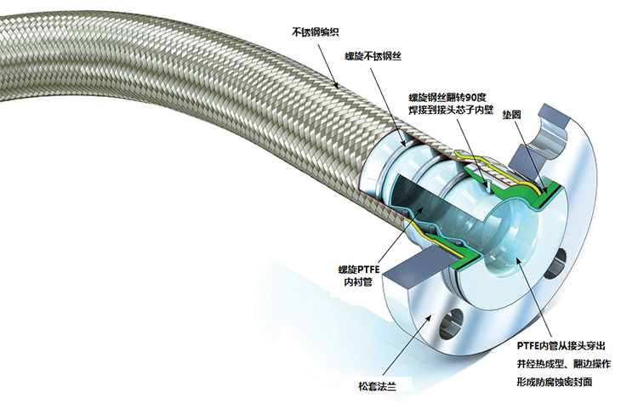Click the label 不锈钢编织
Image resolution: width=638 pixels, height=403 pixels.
point(316,32)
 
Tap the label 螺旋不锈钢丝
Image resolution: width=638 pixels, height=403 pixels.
point(373,56)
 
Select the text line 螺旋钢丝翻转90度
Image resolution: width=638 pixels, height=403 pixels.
point(447,98)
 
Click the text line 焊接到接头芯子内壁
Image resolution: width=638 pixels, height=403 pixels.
point(451,110)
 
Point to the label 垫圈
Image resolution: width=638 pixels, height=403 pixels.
point(511,115)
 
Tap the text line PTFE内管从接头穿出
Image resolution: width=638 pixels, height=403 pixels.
point(561,346)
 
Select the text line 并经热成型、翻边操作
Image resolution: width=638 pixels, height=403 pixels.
point(564,364)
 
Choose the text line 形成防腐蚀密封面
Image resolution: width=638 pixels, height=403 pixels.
point(555,382)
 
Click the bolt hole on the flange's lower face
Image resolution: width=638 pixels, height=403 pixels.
point(451,323)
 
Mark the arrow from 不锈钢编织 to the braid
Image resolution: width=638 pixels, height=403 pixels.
point(328,65)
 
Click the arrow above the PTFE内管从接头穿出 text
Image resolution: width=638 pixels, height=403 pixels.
point(533,298)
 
